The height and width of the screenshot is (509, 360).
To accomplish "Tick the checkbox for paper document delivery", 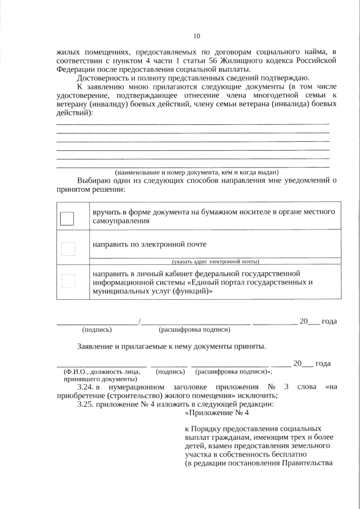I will pyautogui.click(x=67, y=218).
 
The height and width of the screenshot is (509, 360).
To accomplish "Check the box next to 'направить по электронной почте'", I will pyautogui.click(x=67, y=249).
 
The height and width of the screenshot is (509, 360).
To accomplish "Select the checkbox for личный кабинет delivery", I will pyautogui.click(x=67, y=281).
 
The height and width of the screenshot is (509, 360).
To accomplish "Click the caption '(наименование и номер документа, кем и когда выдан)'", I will pyautogui.click(x=196, y=172).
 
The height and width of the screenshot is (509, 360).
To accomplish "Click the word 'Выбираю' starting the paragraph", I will pyautogui.click(x=94, y=181).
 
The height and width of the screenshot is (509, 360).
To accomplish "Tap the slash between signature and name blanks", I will pyautogui.click(x=139, y=322).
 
